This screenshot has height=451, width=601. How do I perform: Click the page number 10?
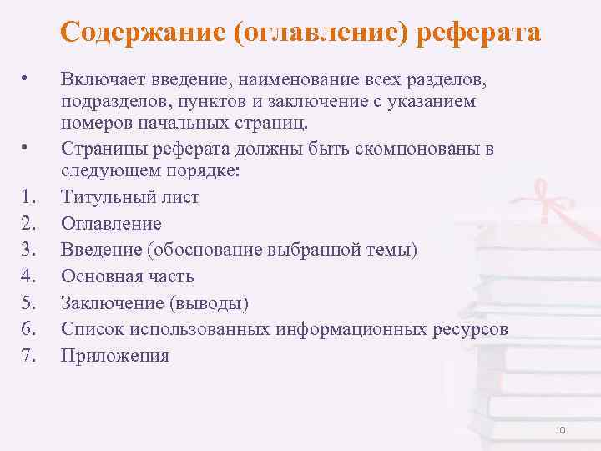559,429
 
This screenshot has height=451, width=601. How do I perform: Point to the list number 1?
28,198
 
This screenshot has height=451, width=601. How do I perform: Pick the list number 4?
28,276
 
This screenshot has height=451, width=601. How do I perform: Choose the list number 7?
28,356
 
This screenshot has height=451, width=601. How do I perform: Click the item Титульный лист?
130,198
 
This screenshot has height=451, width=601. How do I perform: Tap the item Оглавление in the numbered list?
111,224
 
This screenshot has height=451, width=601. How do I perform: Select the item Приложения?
115,356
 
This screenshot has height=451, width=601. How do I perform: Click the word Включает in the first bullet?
100,79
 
